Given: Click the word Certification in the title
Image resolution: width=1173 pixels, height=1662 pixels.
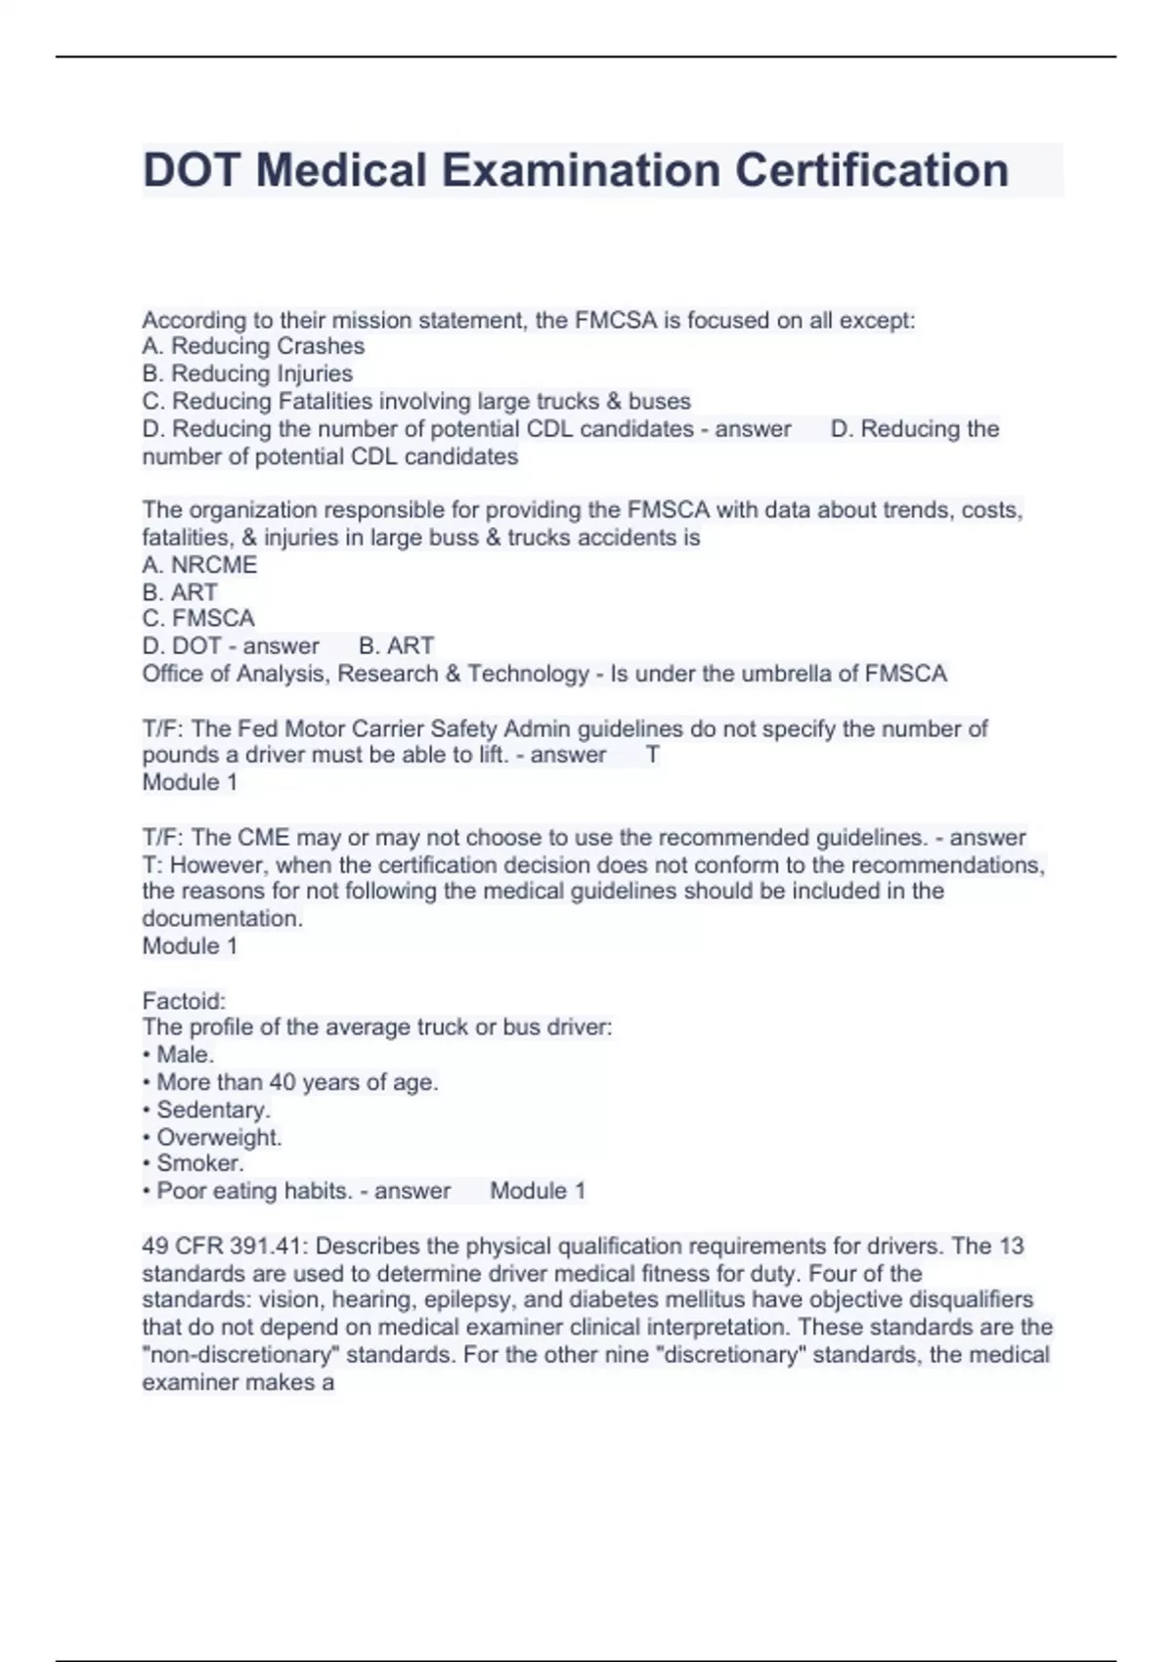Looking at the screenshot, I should [x=871, y=170].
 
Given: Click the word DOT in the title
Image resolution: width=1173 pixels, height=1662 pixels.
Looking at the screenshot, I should [x=191, y=170].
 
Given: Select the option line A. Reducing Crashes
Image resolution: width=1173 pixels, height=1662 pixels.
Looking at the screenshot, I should [x=253, y=346].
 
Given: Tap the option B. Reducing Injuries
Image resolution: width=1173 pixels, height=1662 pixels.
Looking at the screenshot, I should [x=247, y=373].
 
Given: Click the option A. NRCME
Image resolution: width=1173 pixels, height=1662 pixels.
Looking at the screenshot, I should [x=199, y=565].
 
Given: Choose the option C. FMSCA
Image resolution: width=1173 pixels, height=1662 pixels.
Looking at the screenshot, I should [x=198, y=619].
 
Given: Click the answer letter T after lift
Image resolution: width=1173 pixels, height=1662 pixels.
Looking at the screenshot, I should [x=653, y=755].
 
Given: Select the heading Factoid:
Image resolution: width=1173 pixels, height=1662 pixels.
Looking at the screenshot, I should [x=184, y=1001].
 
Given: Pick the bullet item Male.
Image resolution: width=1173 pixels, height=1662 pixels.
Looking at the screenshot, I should [x=184, y=1055].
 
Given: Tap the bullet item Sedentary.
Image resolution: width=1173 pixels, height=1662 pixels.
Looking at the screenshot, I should [x=212, y=1110].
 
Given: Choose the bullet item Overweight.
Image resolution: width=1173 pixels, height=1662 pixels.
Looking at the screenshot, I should [x=218, y=1137].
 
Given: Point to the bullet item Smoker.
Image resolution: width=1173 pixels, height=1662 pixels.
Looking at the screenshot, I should [x=199, y=1163].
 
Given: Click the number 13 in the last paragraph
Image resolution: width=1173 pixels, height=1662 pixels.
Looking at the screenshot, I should [x=1011, y=1246].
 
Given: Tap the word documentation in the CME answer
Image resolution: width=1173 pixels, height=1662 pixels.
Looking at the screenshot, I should [x=222, y=919].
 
